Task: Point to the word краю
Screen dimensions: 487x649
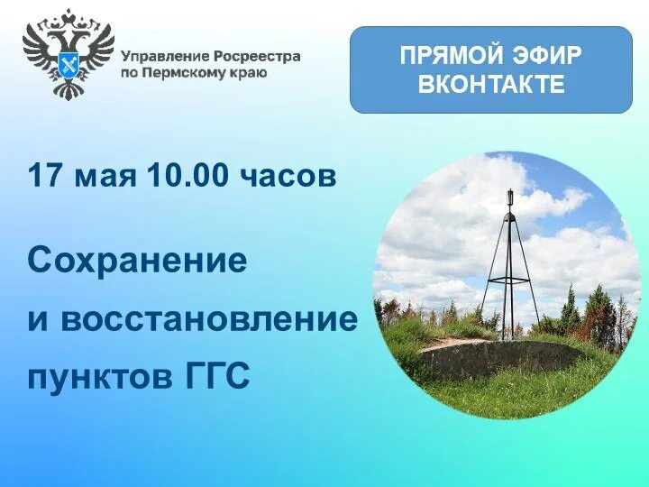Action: coord(248,72)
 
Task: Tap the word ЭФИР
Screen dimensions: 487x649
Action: coord(545,56)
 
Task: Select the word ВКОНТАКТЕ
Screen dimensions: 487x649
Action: coord(491,85)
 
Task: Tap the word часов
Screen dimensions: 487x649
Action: coord(288,175)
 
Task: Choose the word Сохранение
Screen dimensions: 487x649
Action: coord(137,262)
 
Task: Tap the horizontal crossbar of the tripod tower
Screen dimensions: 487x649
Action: coord(509,281)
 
